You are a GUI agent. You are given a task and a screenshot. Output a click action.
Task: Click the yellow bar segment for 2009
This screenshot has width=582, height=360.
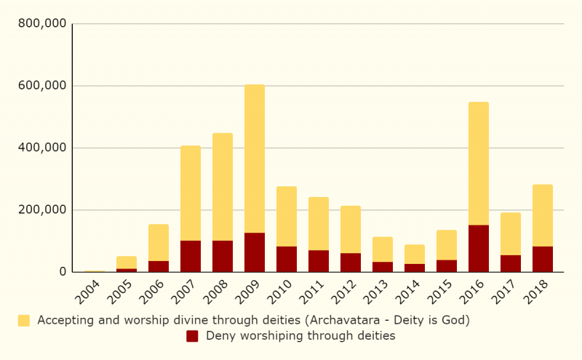click(x=255, y=159)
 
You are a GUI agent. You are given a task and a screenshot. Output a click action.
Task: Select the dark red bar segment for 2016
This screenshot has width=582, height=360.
click(x=479, y=249)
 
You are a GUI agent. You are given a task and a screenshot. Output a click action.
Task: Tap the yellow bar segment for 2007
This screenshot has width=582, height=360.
click(x=191, y=193)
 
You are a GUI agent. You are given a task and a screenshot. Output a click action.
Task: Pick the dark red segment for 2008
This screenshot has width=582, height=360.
click(x=223, y=256)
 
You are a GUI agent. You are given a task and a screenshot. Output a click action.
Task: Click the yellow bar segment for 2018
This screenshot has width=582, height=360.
click(x=543, y=215)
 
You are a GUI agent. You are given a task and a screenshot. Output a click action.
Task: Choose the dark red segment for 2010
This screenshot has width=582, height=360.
click(x=287, y=259)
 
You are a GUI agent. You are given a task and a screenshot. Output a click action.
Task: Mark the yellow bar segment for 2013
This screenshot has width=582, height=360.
click(x=383, y=249)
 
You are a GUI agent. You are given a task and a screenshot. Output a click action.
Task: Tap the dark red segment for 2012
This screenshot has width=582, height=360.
click(x=351, y=263)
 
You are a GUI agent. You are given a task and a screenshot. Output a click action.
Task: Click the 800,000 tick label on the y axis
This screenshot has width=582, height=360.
click(x=42, y=23)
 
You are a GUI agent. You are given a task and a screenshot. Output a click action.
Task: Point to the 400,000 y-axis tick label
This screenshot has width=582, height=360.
click(x=42, y=148)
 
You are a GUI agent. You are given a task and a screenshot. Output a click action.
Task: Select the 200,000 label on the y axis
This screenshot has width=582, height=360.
click(x=42, y=210)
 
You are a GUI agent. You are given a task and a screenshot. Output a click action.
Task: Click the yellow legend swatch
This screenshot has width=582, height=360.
click(x=24, y=320)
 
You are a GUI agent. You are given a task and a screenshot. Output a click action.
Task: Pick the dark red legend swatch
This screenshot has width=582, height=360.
click(x=192, y=336)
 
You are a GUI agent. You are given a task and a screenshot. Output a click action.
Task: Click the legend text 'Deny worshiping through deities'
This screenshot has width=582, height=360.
click(x=300, y=336)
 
